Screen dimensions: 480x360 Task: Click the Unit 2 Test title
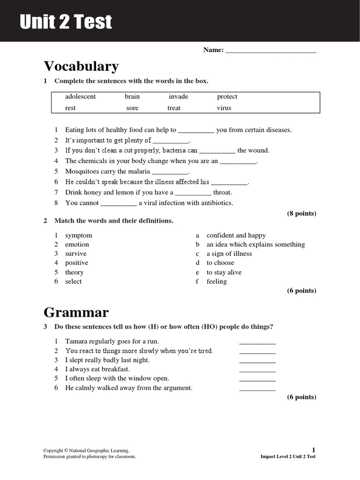[x=66, y=22]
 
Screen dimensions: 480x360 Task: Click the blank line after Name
[x=270, y=51]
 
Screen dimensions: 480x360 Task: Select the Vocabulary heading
[x=81, y=66]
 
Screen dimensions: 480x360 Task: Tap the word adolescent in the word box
[x=80, y=97]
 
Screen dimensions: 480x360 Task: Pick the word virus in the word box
[x=224, y=108]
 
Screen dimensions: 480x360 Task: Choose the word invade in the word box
[x=178, y=97]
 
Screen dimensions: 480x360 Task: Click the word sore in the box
[x=132, y=108]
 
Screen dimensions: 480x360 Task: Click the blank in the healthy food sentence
[x=196, y=131]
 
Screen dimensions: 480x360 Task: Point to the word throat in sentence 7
[x=222, y=192]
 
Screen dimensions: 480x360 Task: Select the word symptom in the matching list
[x=78, y=235]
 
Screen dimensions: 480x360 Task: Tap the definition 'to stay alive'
[x=224, y=272]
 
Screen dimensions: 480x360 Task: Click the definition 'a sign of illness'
[x=229, y=254]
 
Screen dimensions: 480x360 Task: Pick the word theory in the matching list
[x=74, y=272]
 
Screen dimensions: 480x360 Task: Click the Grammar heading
[x=76, y=312]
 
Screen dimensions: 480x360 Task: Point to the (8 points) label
[x=301, y=213]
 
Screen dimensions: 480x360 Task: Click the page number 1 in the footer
[x=314, y=450]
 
